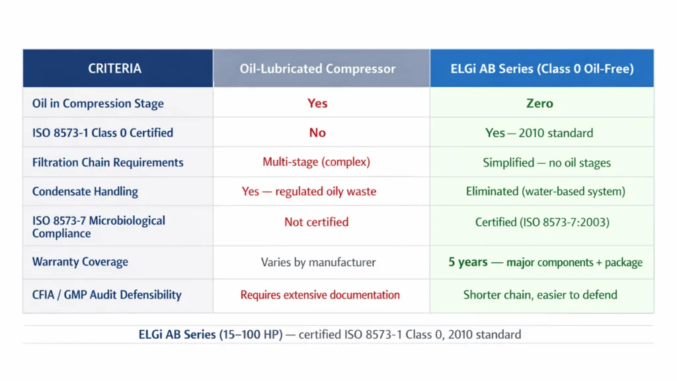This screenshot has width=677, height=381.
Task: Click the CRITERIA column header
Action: point(114,69)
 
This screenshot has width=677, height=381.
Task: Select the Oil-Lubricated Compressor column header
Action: point(317,69)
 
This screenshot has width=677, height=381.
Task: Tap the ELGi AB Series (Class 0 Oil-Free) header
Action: point(541,69)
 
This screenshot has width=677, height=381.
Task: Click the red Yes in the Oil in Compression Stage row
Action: point(317,104)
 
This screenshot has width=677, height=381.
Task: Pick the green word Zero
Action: point(539,104)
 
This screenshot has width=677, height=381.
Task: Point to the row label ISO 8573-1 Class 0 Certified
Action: point(102,133)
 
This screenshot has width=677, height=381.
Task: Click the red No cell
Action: point(317,133)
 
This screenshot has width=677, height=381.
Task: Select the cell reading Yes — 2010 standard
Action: point(539,133)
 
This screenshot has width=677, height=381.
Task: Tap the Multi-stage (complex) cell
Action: point(316,162)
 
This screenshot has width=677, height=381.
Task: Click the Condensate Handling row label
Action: point(85,191)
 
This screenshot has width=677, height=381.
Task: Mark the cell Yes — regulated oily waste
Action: point(309,191)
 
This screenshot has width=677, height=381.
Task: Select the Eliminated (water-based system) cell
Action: point(545,191)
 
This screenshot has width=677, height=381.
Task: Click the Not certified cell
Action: point(316,223)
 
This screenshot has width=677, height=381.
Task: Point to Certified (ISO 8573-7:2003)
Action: point(542,223)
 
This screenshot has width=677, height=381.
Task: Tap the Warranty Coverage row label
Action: point(81,262)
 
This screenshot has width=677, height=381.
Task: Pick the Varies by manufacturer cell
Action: point(318,262)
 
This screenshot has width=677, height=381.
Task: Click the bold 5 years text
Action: point(468,262)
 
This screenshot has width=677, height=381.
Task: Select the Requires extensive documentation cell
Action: point(320,295)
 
